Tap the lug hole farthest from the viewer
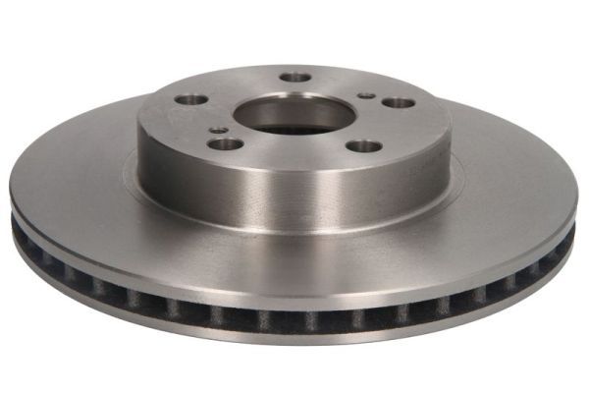tap(294, 77)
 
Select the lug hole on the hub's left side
tap(193, 99)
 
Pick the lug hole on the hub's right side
tap(398, 102)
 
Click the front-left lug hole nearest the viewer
tap(227, 143)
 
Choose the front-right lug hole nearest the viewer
tap(365, 145)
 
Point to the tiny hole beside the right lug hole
tap(366, 96)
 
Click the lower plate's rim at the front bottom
tap(294, 339)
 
